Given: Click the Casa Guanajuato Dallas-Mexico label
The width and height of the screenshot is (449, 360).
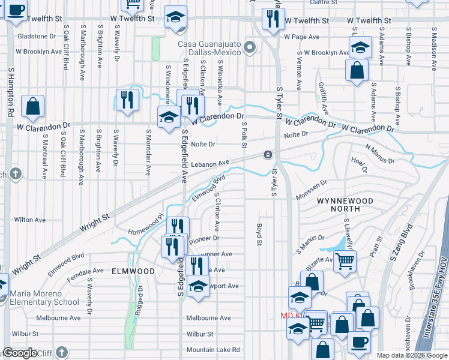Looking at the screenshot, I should pos(209,48).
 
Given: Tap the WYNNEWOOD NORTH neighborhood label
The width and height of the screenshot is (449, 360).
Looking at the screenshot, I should pos(345,205).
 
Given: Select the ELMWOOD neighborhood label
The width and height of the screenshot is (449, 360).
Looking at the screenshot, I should pos(133,271).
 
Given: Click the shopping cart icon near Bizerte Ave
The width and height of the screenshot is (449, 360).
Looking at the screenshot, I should pos(345,260).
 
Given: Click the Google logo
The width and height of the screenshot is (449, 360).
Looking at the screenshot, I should pos(19,353).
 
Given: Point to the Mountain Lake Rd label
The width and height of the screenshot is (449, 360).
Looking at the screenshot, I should pos(212,350).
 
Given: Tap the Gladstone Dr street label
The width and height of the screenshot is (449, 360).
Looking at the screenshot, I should pos(36,36).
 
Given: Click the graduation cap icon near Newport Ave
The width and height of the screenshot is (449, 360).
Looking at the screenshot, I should pos(197,286).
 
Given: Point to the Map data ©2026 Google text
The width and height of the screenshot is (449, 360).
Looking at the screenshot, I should pos(411,355).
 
